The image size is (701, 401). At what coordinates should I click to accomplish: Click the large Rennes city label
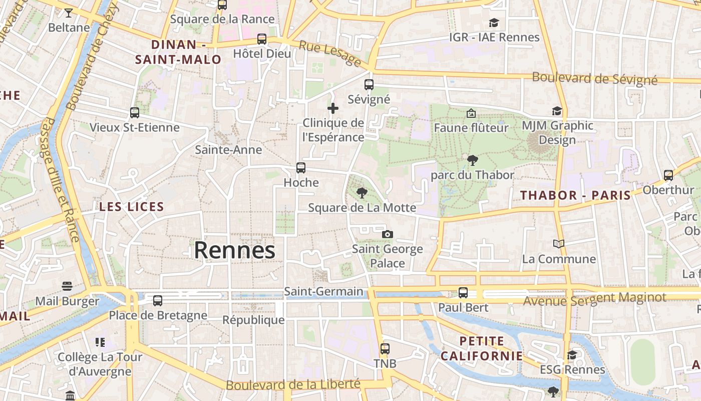click(x=234, y=250)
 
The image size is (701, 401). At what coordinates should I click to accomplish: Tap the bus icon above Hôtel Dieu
click(x=261, y=39)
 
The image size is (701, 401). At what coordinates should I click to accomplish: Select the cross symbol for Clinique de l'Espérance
click(x=333, y=108)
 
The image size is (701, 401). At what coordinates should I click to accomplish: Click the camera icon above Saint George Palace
click(x=387, y=234)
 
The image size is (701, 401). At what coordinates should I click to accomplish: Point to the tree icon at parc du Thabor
click(x=472, y=160)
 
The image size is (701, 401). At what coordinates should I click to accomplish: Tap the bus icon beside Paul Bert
click(x=463, y=293)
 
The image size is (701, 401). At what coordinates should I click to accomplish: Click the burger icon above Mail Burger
click(x=67, y=286)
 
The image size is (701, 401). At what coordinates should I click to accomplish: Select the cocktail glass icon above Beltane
click(x=69, y=13)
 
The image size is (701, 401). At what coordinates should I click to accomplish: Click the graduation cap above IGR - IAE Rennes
click(x=494, y=23)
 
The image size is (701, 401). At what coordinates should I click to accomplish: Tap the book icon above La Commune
click(x=559, y=244)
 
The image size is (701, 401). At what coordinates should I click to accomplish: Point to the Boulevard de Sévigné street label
click(x=594, y=78)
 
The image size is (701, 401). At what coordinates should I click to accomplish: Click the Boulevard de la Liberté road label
click(x=293, y=385)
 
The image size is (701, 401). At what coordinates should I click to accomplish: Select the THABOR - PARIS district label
click(x=575, y=195)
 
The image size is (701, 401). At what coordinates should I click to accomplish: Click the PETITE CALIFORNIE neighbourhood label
click(x=482, y=349)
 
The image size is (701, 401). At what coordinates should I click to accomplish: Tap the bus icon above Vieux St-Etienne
click(x=134, y=113)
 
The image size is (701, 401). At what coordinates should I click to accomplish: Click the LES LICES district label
click(x=132, y=207)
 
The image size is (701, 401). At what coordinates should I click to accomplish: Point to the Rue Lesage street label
click(x=330, y=53)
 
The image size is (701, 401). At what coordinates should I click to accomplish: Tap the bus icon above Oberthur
click(x=668, y=175)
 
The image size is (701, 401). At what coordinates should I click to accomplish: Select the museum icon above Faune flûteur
click(x=471, y=113)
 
